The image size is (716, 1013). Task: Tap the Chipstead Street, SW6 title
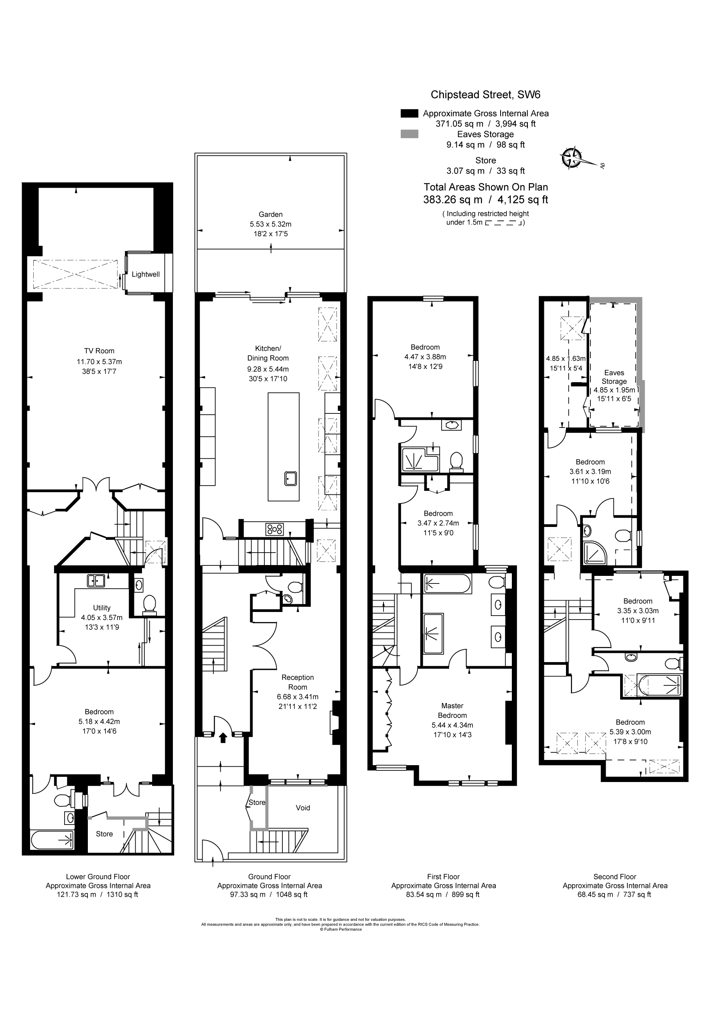pyautogui.click(x=486, y=94)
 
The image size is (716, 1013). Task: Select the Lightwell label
pyautogui.click(x=146, y=274)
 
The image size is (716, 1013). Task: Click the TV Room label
pyautogui.click(x=99, y=351)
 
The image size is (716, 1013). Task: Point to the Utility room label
pyautogui.click(x=102, y=608)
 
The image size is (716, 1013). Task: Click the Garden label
pyautogui.click(x=271, y=215)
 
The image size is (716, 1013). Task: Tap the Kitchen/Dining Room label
pyautogui.click(x=268, y=353)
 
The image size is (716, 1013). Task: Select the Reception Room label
pyautogui.click(x=298, y=682)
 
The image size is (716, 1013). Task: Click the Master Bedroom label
pyautogui.click(x=452, y=710)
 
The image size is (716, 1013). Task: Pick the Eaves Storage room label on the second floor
pyautogui.click(x=614, y=377)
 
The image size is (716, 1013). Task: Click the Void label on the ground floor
pyautogui.click(x=303, y=808)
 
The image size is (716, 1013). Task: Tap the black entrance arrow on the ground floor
pyautogui.click(x=223, y=737)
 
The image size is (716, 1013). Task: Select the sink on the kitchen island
pyautogui.click(x=290, y=479)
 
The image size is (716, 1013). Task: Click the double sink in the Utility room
pyautogui.click(x=96, y=581)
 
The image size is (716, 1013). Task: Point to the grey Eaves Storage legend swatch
pyautogui.click(x=409, y=134)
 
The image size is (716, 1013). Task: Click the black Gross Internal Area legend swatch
pyautogui.click(x=409, y=113)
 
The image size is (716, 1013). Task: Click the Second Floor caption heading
pyautogui.click(x=615, y=877)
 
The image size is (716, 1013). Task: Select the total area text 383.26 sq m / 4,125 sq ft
pyautogui.click(x=486, y=199)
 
